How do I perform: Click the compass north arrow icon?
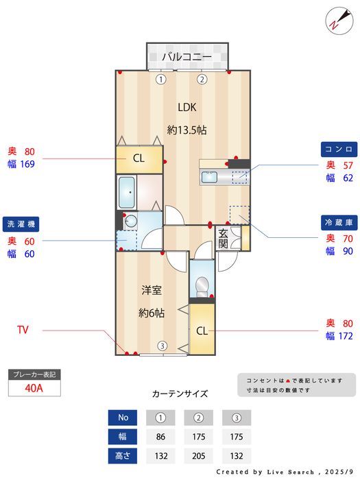point(339,21)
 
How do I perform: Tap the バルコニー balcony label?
point(187,57)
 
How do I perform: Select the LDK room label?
point(187,108)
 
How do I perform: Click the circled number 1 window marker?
point(161,80)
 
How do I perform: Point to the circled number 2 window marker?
point(202,80)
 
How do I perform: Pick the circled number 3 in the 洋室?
point(163,346)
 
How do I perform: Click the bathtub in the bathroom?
point(127,193)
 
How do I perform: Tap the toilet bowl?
point(202,287)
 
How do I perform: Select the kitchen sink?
point(209,177)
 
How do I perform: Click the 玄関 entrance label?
point(223,239)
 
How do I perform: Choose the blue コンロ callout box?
point(339,149)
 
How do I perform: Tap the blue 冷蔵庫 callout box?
point(339,223)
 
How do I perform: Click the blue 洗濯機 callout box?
point(21,224)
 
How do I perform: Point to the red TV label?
point(23,330)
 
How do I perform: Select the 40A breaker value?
point(34,388)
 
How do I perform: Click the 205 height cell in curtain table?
point(199,456)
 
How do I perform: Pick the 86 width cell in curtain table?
point(160,437)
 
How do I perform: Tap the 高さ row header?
point(123,456)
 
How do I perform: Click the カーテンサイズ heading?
point(180,394)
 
